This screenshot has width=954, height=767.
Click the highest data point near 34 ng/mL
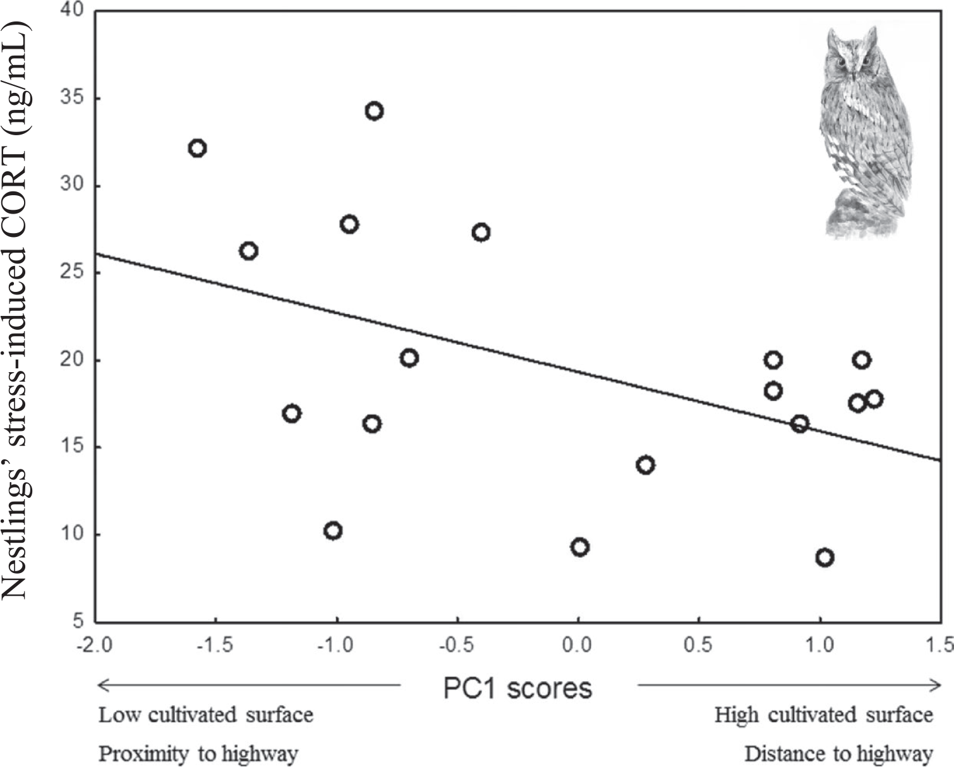click(374, 111)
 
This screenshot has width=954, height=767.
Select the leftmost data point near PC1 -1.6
click(197, 148)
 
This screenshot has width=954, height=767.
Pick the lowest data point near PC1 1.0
click(824, 557)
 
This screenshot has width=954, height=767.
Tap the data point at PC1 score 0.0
click(579, 547)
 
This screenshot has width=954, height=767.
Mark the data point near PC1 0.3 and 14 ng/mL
click(645, 465)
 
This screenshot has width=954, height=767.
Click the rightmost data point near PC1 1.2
click(874, 399)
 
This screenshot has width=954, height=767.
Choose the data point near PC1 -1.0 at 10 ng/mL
click(333, 531)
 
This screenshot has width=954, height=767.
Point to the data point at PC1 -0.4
click(481, 233)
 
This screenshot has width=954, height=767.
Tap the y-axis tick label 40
click(74, 11)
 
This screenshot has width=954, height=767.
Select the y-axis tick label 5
click(78, 621)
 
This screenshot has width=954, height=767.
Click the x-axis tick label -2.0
click(95, 645)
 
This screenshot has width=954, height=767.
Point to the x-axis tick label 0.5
click(698, 645)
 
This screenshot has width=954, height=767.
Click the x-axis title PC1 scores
click(517, 688)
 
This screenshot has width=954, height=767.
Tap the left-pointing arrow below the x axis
click(250, 684)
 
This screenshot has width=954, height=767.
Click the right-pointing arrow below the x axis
click(790, 684)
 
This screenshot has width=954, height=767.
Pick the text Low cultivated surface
click(206, 715)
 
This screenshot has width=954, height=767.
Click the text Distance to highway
click(838, 754)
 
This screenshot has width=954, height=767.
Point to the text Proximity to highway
click(198, 754)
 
